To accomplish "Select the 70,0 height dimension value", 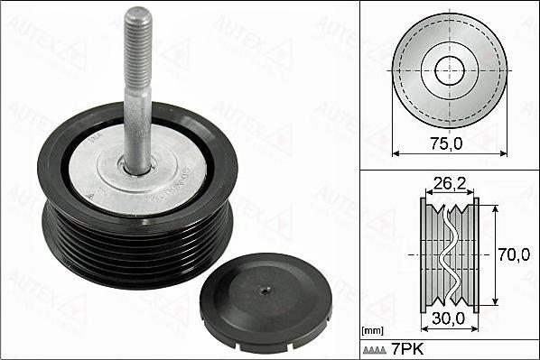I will (x=514, y=255).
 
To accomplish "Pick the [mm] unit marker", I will (x=372, y=330).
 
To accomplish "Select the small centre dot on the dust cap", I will (x=263, y=291).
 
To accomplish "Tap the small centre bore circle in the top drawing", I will (x=448, y=70).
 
